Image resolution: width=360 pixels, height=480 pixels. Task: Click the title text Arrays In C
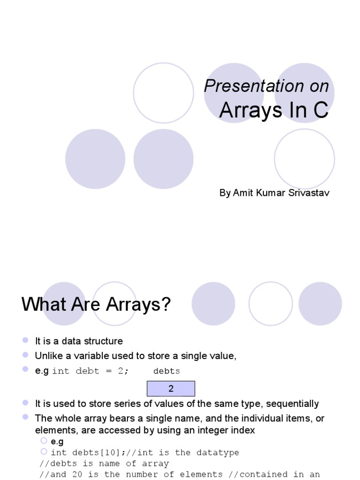click(274, 111)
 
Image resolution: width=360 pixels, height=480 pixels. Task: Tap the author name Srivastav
click(309, 193)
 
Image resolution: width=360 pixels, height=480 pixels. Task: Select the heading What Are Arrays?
click(96, 305)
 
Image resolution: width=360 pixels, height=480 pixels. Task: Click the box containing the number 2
click(171, 389)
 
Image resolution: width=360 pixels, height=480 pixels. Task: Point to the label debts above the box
click(166, 371)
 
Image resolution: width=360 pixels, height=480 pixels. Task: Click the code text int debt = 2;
click(90, 371)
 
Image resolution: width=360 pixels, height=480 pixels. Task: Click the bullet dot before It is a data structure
click(25, 340)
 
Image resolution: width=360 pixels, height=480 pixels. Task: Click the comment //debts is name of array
click(104, 464)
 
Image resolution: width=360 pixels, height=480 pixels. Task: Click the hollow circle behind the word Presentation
click(164, 93)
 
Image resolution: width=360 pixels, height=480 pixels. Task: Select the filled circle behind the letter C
click(305, 93)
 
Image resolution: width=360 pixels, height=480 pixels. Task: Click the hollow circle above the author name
click(304, 159)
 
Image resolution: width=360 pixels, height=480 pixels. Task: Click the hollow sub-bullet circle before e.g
click(44, 441)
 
